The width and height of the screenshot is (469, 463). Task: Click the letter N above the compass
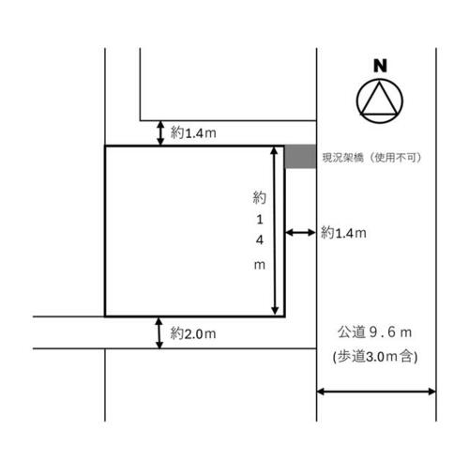(x=380, y=66)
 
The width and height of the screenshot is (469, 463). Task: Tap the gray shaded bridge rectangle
(x=300, y=156)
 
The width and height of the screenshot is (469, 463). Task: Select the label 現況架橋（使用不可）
(x=371, y=158)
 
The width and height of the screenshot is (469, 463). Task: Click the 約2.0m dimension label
(x=193, y=333)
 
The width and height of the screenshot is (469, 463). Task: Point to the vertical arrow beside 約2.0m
(x=159, y=332)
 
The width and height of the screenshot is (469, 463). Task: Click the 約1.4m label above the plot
(x=193, y=133)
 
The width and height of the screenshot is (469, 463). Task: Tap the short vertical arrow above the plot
(x=160, y=133)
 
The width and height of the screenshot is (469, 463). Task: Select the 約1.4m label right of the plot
(x=343, y=233)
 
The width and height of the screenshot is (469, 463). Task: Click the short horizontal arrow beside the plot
(x=301, y=232)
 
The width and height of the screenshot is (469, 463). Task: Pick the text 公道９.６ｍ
(x=374, y=332)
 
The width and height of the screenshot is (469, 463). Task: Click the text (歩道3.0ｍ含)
(x=375, y=357)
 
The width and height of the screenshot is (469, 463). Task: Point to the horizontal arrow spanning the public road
(x=376, y=392)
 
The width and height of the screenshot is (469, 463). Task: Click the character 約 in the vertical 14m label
(x=260, y=198)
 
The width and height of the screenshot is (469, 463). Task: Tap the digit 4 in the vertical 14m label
(x=260, y=240)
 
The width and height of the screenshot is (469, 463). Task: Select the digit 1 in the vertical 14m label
(x=260, y=220)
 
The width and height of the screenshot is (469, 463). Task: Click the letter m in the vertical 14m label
(x=260, y=265)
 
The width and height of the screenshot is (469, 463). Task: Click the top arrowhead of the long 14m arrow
(x=274, y=150)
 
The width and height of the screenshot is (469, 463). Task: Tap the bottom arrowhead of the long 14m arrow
(x=275, y=310)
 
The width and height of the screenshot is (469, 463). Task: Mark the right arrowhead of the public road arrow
(x=431, y=392)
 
